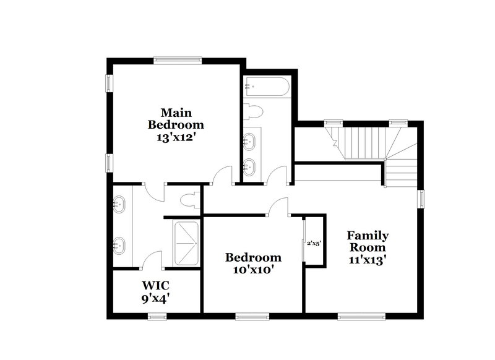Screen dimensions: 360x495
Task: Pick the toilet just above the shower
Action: pos(191,200)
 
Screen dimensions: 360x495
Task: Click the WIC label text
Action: pos(156,286)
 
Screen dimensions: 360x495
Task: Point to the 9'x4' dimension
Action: pos(156,299)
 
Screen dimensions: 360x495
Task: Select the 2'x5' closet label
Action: pos(314,242)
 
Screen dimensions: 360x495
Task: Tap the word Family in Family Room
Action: pos(368,236)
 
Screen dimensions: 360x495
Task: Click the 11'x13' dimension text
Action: pos(368,260)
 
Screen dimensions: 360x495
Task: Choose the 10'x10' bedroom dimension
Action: pos(253,270)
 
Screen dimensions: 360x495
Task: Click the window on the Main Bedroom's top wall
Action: pos(178,60)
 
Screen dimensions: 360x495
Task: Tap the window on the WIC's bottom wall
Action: pos(157,317)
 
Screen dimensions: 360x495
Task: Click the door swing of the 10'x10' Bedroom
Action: pos(279,207)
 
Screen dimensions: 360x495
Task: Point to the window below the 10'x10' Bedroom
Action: pos(252,317)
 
